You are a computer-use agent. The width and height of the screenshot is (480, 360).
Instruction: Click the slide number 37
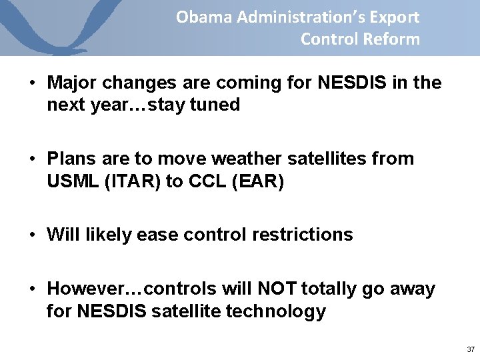coord(471,349)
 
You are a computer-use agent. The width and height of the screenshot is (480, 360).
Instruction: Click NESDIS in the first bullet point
coord(357,83)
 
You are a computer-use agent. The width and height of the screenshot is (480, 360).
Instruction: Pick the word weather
coord(243,159)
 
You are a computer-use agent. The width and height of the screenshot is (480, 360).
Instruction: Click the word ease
coord(153,235)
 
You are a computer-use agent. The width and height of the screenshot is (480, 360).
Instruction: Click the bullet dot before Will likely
coord(33,235)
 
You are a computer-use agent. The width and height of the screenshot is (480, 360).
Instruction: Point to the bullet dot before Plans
coord(33,159)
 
